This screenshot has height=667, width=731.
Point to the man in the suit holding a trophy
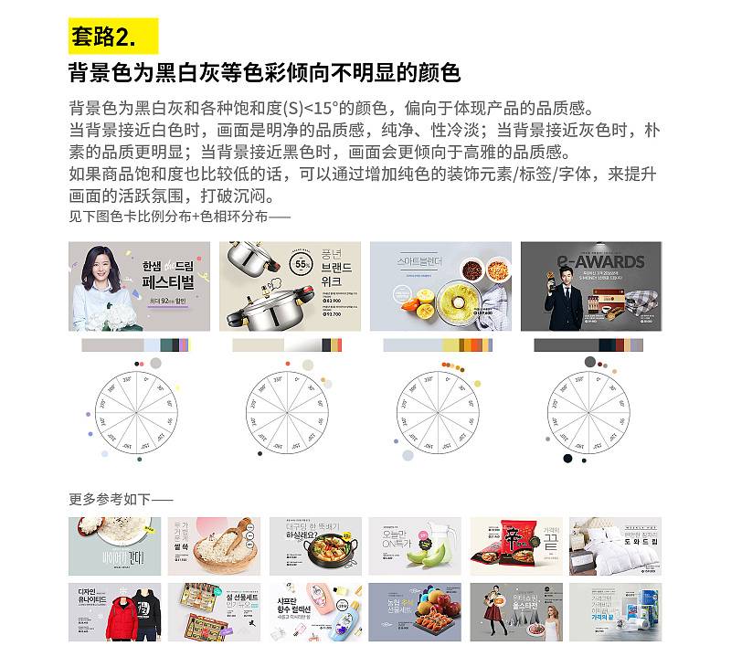click(x=565, y=292)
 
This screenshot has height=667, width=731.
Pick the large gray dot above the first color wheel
click(x=156, y=363)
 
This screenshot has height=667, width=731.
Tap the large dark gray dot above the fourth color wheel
click(x=590, y=362)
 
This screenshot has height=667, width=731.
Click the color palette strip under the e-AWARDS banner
click(x=589, y=345)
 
